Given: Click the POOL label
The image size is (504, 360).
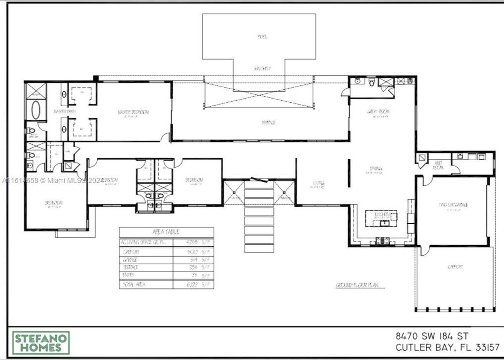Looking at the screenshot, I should click(x=262, y=37).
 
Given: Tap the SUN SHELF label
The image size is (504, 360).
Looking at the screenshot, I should click(x=262, y=68).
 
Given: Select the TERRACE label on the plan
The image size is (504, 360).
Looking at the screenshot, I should click(x=268, y=123).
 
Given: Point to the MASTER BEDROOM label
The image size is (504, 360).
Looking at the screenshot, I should click(x=133, y=113).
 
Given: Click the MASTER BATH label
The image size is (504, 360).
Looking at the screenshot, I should click(x=65, y=112).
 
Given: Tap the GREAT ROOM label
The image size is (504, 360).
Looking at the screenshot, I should click(x=378, y=112).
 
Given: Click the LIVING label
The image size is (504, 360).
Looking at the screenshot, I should click(x=319, y=183).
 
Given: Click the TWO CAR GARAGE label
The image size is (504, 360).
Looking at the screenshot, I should click(x=453, y=205).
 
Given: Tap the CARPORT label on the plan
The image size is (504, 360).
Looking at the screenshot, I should click(x=455, y=267).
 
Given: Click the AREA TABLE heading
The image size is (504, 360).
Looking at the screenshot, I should click(x=166, y=232).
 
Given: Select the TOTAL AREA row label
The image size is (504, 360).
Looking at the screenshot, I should click(x=134, y=284).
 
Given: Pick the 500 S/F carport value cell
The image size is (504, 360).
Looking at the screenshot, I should click(x=194, y=252).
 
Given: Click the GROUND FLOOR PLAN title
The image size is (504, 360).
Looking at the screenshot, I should click(x=357, y=285).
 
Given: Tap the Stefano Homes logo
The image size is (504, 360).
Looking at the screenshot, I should click(x=41, y=343).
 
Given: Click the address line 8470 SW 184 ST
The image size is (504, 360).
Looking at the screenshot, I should click(x=432, y=336).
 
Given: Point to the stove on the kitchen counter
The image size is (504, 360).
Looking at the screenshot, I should click(x=382, y=241).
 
